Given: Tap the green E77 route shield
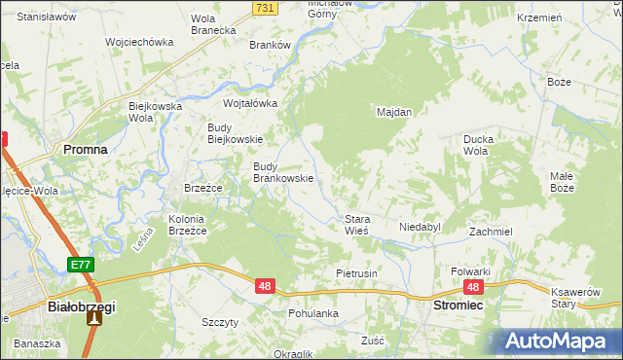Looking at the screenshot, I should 81,265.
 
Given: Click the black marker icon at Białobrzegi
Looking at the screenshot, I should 94,317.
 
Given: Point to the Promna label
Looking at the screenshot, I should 85,151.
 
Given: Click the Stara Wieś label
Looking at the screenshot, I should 354,225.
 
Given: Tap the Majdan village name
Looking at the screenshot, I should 394,112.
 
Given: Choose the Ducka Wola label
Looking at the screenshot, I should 481,145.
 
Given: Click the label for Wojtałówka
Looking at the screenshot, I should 250,103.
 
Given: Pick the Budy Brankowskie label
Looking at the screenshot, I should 282,172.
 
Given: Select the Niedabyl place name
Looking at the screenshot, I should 420,227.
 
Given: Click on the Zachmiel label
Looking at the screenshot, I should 491,233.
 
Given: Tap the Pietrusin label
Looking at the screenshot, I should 355,274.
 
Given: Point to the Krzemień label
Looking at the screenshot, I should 539,18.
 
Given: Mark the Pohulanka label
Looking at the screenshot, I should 312,313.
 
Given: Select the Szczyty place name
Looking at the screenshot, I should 219,322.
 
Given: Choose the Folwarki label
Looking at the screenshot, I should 469,271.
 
